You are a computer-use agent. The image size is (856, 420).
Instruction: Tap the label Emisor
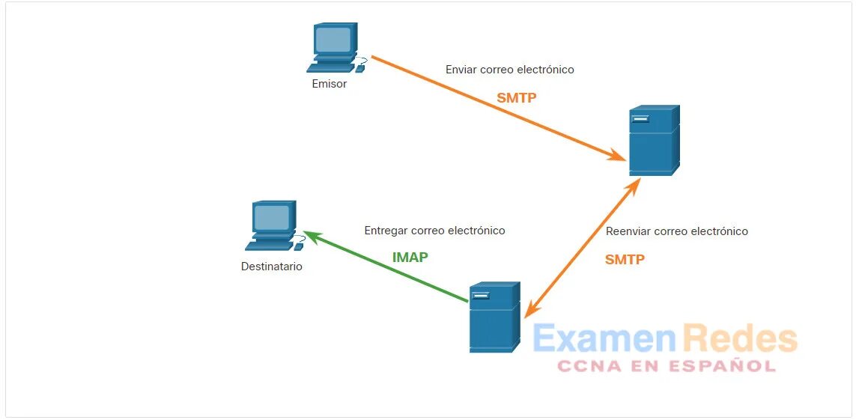click(x=330, y=85)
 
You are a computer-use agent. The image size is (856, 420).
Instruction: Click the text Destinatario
click(x=272, y=267)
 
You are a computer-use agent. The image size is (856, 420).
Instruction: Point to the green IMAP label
click(x=410, y=258)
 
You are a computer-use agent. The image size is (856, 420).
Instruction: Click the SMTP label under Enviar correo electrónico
click(x=517, y=98)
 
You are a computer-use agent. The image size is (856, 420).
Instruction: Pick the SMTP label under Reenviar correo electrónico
click(x=625, y=260)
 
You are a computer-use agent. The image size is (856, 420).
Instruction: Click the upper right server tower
click(x=654, y=141)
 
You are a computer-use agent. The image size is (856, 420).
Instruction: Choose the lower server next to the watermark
click(x=494, y=317)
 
